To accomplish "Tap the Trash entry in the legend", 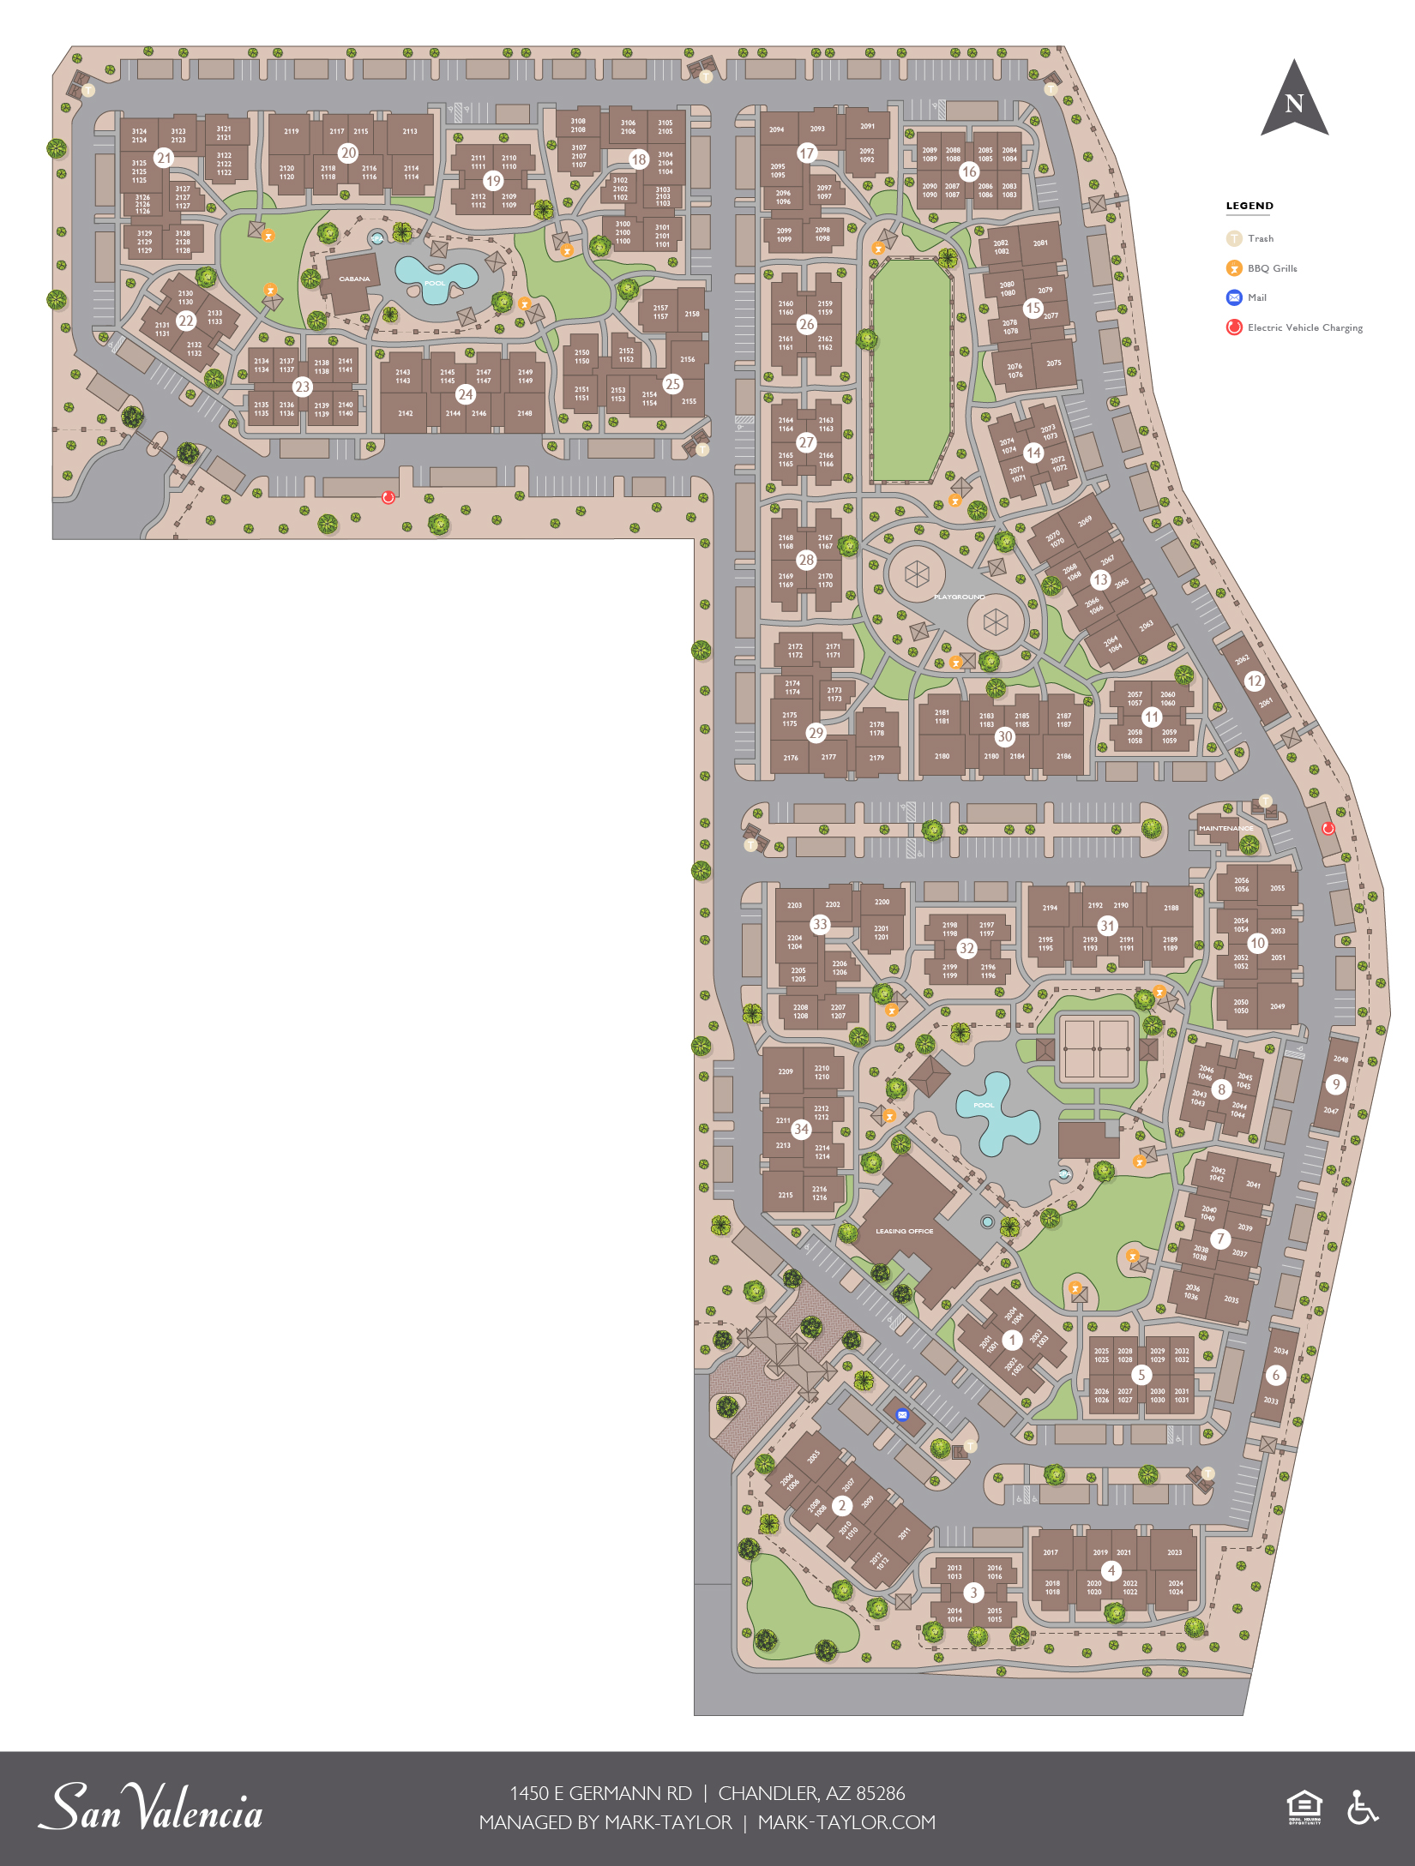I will point(1260,238).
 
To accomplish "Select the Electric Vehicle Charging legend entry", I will point(1304,327).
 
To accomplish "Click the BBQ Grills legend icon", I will point(1234,268).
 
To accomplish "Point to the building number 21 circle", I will point(164,158).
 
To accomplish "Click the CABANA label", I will point(354,279).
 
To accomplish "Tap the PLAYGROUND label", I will point(959,597).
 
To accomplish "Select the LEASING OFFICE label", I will point(904,1231).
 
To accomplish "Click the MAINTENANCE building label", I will point(1225,828).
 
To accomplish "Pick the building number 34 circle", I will point(801,1129).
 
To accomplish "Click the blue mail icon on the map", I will point(901,1415).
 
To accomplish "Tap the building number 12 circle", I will point(1255,681).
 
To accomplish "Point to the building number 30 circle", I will point(1004,736).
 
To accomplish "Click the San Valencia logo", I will point(150,1807).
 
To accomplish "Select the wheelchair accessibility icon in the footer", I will point(1362,1807).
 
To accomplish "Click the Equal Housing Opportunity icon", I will point(1304,1807).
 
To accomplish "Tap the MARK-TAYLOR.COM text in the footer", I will point(846,1822).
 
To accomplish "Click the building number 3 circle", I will point(972,1593).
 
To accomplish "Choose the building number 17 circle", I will point(806,153).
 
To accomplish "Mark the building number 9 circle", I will point(1335,1084).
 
